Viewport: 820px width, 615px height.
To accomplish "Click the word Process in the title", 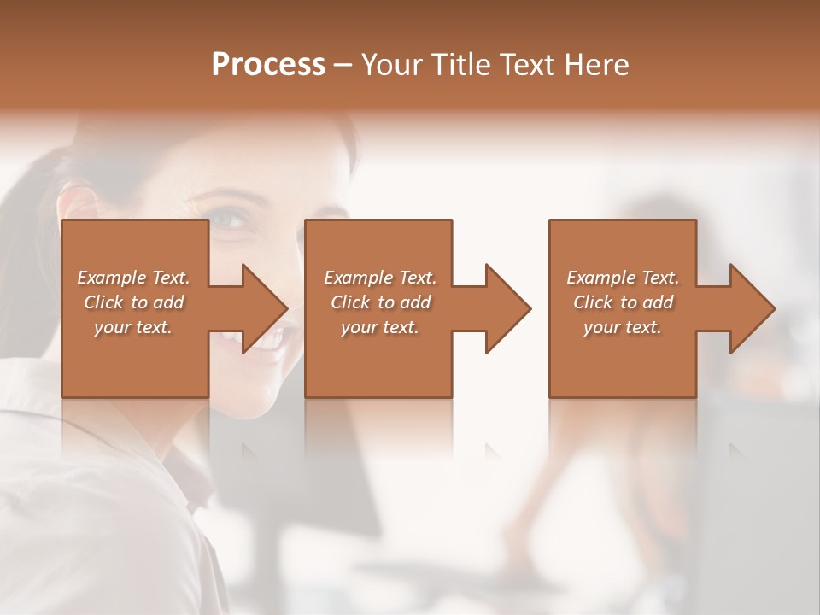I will [268, 65].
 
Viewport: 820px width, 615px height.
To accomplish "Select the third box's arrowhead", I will [756, 308].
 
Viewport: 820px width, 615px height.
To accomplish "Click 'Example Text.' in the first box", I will [133, 278].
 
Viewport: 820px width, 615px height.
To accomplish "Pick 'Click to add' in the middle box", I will [380, 302].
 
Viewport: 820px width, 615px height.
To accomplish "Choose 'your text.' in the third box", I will [623, 327].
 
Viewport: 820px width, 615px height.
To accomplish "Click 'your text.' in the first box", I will [133, 327].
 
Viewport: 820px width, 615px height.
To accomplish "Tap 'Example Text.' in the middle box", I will [380, 278].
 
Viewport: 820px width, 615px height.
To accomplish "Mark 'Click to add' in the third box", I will [623, 302].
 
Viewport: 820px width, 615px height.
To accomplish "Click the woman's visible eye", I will [230, 220].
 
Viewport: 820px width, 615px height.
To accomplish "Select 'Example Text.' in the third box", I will [623, 278].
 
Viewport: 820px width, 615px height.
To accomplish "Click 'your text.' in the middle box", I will [380, 327].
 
